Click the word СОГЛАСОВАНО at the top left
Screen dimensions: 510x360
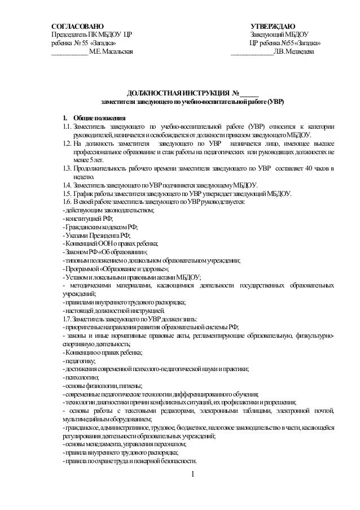coord(77,25)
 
